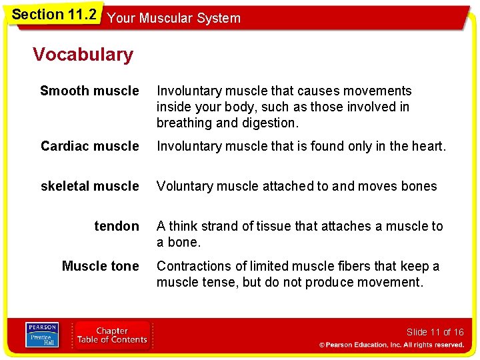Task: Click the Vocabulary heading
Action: [x=83, y=55]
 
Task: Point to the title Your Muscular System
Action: [x=173, y=19]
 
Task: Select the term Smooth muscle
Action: [x=89, y=91]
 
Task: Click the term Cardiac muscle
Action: [x=90, y=146]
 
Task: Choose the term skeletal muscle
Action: [x=90, y=186]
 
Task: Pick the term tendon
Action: [x=117, y=226]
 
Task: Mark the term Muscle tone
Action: [x=100, y=266]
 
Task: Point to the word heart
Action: [x=427, y=146]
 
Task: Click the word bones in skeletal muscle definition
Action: [x=419, y=186]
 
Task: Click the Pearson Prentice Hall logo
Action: [x=43, y=335]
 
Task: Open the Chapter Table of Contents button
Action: [x=111, y=335]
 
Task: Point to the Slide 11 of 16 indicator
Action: [x=435, y=332]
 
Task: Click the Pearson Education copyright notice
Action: [x=391, y=345]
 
